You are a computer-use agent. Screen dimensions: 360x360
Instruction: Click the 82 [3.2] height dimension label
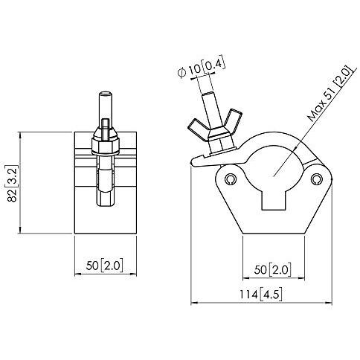tap(13, 183)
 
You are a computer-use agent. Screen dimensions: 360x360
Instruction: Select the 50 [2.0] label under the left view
tap(104, 266)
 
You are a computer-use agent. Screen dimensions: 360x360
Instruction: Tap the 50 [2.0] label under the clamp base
tap(272, 269)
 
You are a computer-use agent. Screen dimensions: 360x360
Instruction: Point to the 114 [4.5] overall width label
tap(261, 295)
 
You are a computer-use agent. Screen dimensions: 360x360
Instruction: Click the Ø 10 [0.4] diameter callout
tap(202, 66)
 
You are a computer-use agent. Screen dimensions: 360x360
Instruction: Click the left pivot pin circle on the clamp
tap(231, 179)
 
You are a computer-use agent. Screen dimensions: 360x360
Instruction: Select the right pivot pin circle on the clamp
tap(316, 179)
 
